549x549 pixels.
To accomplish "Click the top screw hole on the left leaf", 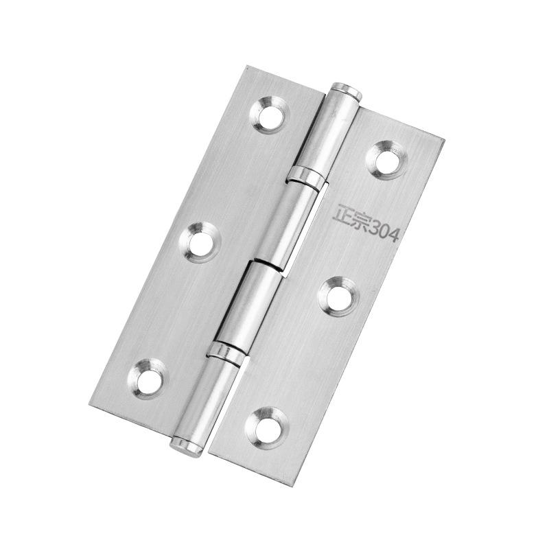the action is pyautogui.click(x=270, y=114).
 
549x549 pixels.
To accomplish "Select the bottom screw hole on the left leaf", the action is pyautogui.click(x=148, y=379).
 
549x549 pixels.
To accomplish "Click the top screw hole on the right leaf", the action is pyautogui.click(x=387, y=161).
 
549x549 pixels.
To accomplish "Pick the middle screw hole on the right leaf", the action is pyautogui.click(x=339, y=297).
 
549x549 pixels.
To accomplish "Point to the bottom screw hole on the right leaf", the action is pyautogui.click(x=267, y=428).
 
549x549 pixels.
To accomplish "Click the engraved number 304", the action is pyautogui.click(x=384, y=231).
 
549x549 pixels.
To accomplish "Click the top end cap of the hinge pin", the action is pyautogui.click(x=347, y=91).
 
